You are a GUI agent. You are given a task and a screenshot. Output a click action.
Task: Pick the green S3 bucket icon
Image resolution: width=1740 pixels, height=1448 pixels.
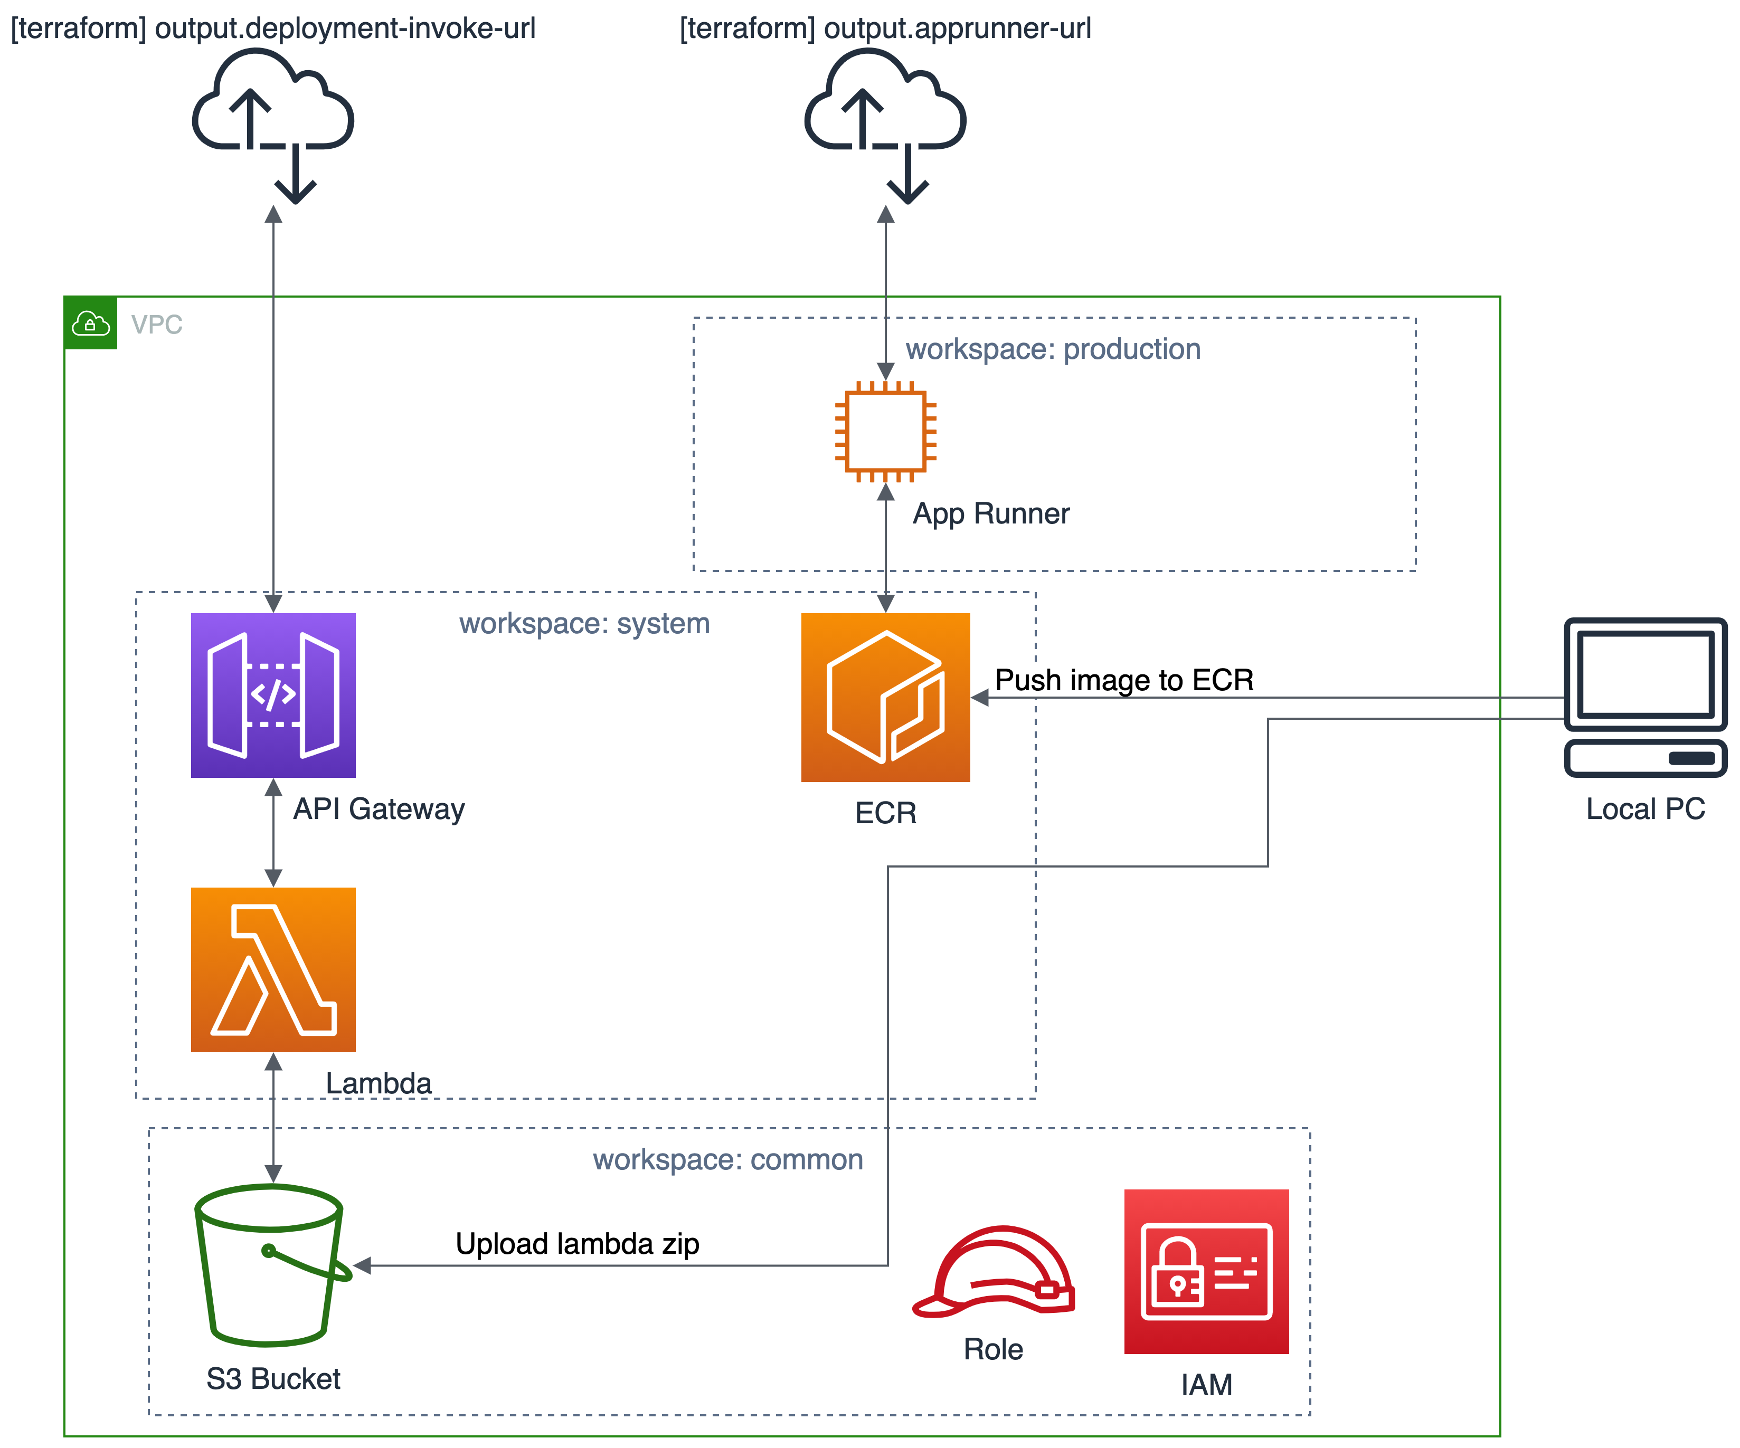click(271, 1264)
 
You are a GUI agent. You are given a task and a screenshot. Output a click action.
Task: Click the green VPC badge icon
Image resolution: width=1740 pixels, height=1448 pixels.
click(90, 323)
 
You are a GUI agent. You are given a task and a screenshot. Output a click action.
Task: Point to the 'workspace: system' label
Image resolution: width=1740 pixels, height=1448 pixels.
click(584, 623)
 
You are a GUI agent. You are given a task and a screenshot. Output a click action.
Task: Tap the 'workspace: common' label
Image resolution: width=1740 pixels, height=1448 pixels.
click(727, 1159)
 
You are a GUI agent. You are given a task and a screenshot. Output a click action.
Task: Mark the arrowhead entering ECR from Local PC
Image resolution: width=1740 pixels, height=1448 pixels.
click(979, 698)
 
